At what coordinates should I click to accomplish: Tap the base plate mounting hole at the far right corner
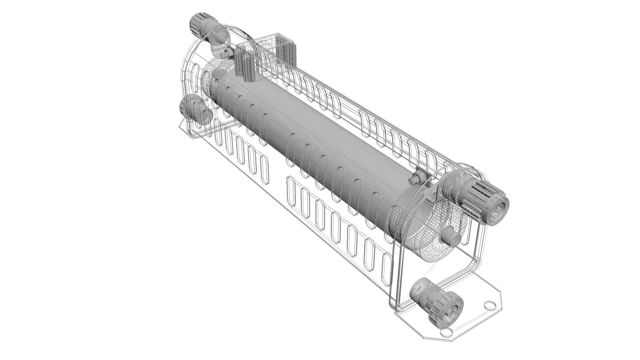[x=489, y=304]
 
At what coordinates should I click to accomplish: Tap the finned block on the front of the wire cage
[x=245, y=63]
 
